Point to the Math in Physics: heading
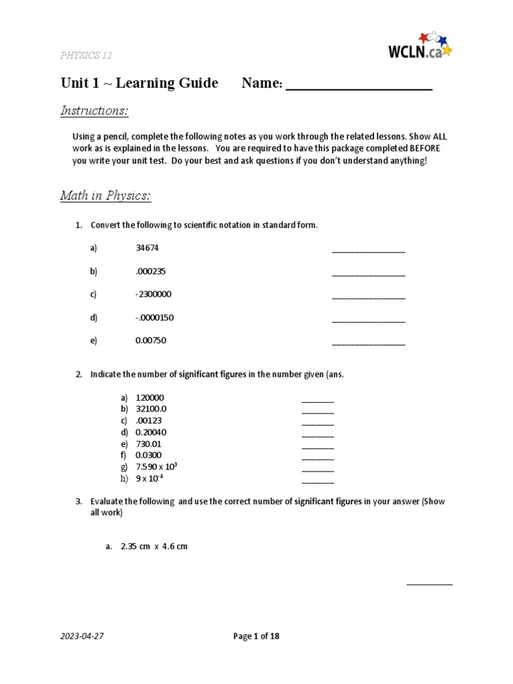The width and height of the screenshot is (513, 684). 106,196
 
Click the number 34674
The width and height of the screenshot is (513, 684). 147,248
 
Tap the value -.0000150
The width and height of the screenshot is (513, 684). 154,317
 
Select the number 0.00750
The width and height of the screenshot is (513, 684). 150,341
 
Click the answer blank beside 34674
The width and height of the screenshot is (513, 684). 368,250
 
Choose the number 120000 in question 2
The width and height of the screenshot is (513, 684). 150,397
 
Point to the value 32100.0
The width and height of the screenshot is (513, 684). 151,409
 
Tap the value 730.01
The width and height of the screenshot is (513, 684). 148,444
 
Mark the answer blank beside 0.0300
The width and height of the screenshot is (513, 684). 317,458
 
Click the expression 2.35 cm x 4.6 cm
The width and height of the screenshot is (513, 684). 154,546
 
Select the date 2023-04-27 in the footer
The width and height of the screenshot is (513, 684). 82,636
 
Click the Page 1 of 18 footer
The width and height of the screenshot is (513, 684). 256,636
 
